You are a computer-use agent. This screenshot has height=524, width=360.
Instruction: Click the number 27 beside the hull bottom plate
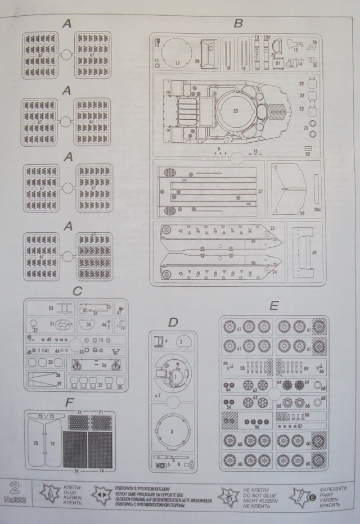pyautogui.click(x=260, y=192)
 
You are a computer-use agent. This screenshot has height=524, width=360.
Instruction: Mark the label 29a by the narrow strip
pyautogui.click(x=316, y=209)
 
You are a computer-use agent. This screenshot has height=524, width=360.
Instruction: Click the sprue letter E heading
pyautogui.click(x=274, y=306)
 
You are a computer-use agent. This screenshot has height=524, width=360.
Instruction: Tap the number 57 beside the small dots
pyautogui.click(x=300, y=427)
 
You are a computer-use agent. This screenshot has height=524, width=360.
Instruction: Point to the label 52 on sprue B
pyautogui.click(x=307, y=153)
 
